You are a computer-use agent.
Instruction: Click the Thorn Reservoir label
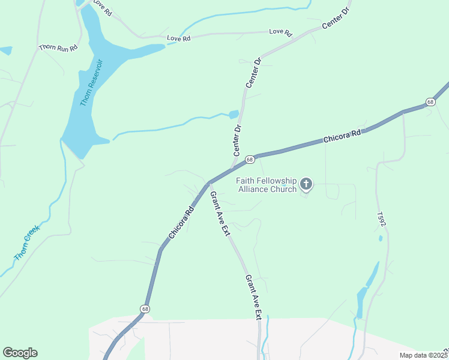point(92,83)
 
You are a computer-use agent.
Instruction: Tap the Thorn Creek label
point(26,242)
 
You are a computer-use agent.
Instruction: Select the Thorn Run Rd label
point(58,47)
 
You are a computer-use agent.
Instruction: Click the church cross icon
point(306,184)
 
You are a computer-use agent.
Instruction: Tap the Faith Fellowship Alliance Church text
point(267,185)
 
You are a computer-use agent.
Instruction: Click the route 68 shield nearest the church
point(250,160)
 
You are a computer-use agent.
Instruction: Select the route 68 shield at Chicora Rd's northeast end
point(430,102)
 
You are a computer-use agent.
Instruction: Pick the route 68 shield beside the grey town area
point(145,309)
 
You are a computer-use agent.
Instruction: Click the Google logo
point(20,353)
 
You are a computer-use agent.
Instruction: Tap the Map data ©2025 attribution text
point(423,355)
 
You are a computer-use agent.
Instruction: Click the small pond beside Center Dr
point(234,114)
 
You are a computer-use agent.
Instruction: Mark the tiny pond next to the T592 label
point(381,238)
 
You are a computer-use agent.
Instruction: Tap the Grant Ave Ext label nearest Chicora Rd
point(218,213)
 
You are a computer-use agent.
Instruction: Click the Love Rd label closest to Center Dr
point(280,31)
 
